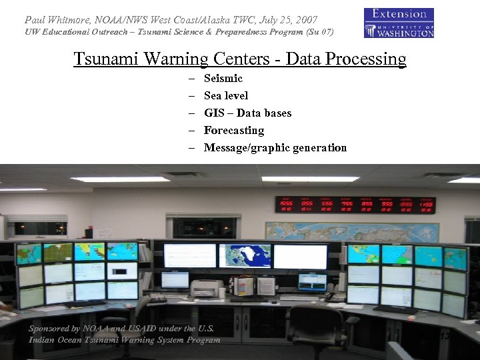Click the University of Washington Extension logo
399,23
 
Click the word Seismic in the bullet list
223,79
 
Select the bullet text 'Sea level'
226,96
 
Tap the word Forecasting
234,131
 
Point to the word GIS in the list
214,113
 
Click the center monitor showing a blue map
245,255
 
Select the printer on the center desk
207,288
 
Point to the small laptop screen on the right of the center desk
312,281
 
